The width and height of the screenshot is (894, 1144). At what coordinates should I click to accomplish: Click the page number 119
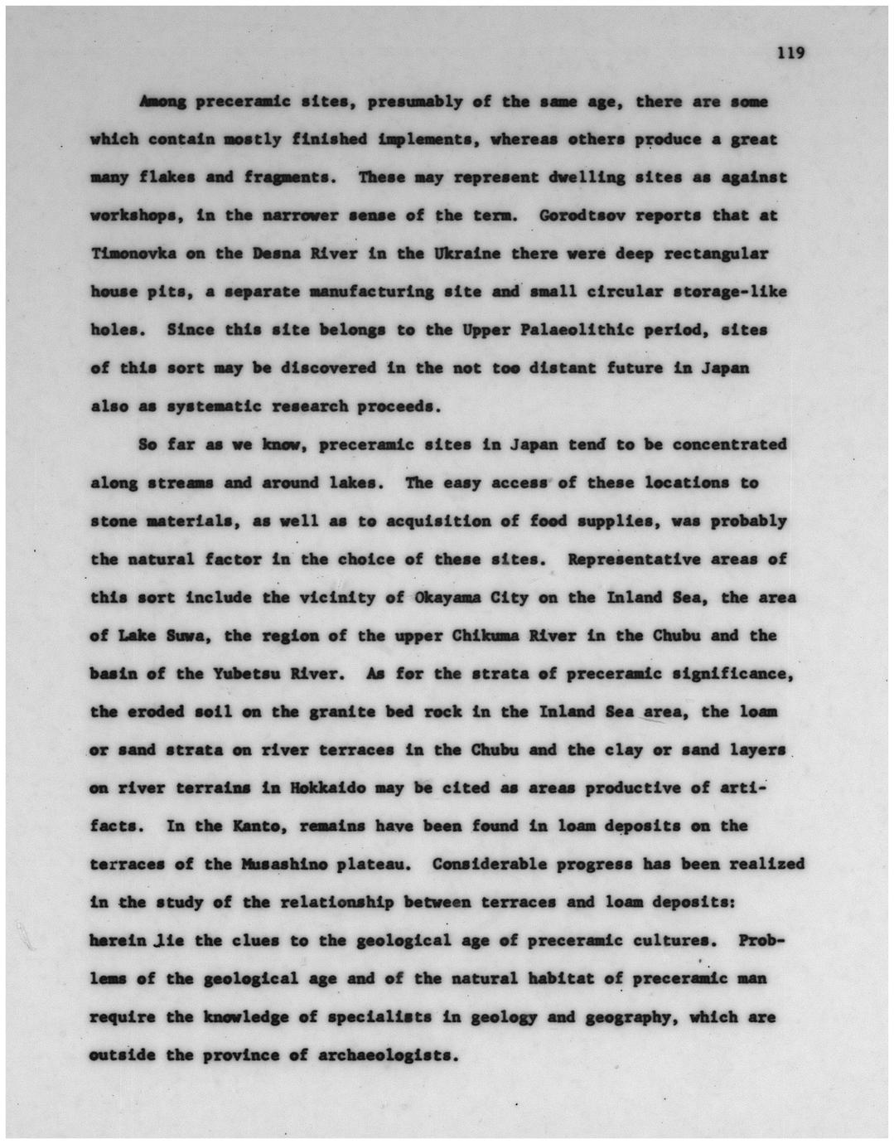click(790, 53)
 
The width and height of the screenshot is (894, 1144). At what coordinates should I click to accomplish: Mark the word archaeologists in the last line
click(384, 1056)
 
